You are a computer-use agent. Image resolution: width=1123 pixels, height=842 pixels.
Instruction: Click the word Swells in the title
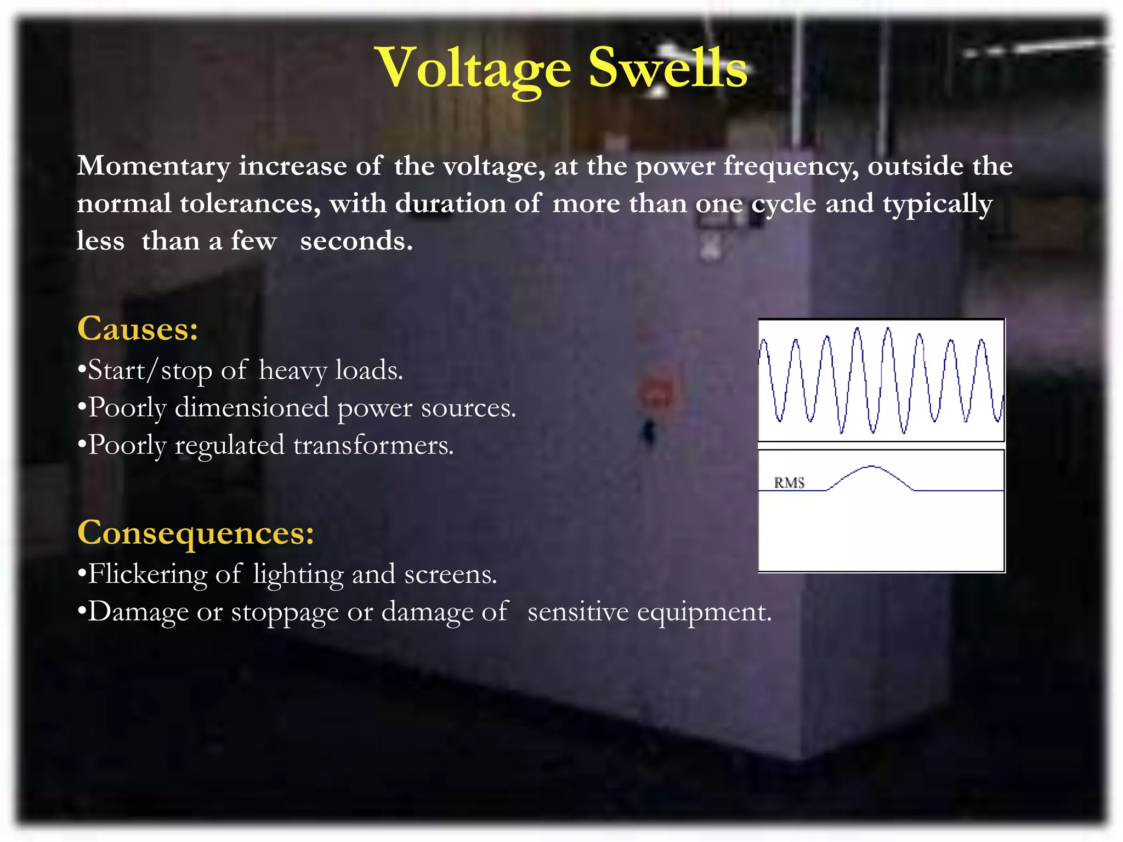tap(667, 69)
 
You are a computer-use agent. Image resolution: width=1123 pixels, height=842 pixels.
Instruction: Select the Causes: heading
tap(138, 329)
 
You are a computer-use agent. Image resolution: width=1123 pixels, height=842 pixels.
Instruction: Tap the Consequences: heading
tap(196, 532)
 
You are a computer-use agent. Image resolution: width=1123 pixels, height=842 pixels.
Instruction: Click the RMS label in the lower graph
tap(789, 483)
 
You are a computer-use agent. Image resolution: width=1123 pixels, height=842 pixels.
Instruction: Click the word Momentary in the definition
tap(154, 167)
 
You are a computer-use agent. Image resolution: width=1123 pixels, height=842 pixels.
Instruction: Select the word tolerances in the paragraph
tap(250, 204)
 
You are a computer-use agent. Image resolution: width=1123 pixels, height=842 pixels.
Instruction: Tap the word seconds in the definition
tap(356, 241)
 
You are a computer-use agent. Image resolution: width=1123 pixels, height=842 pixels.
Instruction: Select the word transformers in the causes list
tap(373, 445)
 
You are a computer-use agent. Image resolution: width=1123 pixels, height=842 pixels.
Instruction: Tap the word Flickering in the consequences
tap(147, 574)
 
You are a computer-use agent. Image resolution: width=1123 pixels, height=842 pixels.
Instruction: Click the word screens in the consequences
tap(450, 574)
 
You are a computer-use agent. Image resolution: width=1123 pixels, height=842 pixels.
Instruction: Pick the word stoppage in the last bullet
tap(285, 612)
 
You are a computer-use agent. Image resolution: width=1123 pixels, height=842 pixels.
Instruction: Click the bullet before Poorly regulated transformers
tap(82, 445)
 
